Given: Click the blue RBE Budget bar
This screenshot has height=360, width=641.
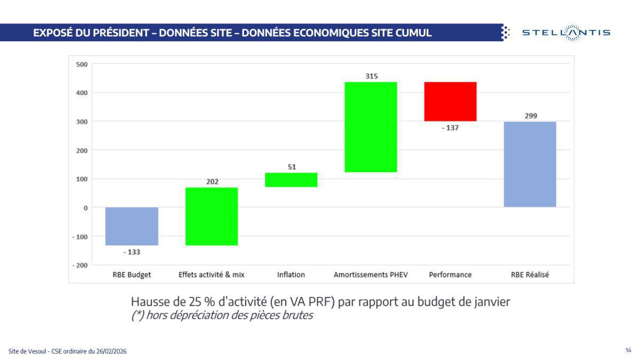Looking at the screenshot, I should coord(131,226).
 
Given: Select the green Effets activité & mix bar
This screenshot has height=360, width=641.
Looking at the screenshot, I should coord(212,216).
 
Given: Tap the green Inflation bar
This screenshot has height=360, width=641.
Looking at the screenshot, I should coord(291,179).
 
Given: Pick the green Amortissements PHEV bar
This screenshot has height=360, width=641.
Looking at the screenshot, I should coord(371,127).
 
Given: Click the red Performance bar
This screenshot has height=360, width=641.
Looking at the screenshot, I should coord(450,101).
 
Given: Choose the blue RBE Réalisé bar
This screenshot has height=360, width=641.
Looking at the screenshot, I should coord(530,164).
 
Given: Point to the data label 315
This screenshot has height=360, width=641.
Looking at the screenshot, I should coord(371,76).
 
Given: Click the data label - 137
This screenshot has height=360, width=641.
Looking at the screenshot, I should coord(450,128).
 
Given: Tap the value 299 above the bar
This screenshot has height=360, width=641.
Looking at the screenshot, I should coord(530,116).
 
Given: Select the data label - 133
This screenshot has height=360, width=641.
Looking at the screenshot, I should coord(131,252).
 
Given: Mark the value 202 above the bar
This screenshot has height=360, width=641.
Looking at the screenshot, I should coord(212,182).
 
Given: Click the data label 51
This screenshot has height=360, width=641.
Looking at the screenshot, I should coord(292,167).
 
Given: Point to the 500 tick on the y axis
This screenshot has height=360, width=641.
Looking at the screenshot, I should coord(82,64).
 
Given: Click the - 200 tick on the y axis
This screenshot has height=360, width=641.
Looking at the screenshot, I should coord(80,265).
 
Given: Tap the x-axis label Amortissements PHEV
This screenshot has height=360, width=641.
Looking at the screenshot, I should coord(371,275).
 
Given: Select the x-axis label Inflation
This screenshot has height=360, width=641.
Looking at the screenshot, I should coord(291,275).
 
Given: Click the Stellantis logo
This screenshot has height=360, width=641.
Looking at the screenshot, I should coord(566,33).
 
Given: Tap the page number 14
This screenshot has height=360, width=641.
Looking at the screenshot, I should coord(628,350).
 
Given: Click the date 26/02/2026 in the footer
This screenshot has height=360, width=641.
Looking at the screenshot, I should coord(112,351).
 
